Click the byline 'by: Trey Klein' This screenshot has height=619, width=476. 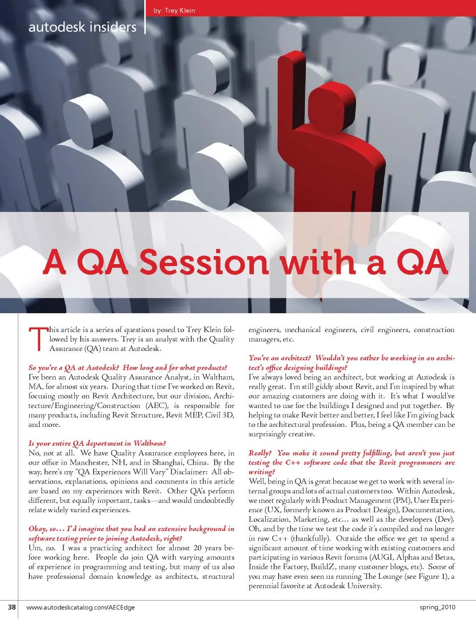tap(174, 10)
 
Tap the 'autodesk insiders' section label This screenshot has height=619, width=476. tap(82, 27)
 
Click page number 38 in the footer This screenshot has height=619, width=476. tap(12, 607)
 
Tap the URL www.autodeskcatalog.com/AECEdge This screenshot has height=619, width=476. tap(80, 607)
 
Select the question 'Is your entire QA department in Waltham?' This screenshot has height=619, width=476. tap(97, 443)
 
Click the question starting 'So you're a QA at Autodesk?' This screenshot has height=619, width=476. tap(128, 368)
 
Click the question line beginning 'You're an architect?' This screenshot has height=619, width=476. tap(352, 358)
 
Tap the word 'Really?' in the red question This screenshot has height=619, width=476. tap(260, 453)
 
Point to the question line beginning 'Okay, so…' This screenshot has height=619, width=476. tap(131, 529)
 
